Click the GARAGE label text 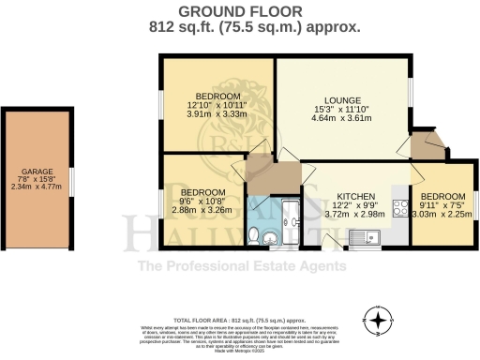point(37,172)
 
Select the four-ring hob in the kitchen point(400,208)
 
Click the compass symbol point(378,322)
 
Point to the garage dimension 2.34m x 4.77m point(37,187)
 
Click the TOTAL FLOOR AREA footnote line point(239,320)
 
